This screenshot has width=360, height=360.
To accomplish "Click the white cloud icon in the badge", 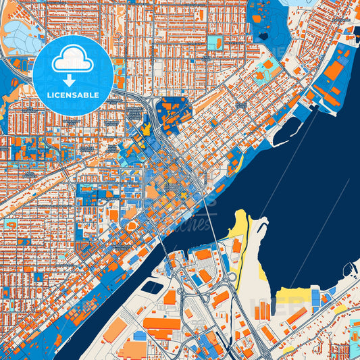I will point(73,59).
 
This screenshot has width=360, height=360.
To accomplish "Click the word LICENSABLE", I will point(73,95).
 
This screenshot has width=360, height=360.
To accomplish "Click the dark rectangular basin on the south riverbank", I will point(153,286).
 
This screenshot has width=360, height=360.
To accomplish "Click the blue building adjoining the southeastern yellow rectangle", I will point(315,296).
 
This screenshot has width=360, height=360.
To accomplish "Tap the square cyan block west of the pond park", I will point(214,43).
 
